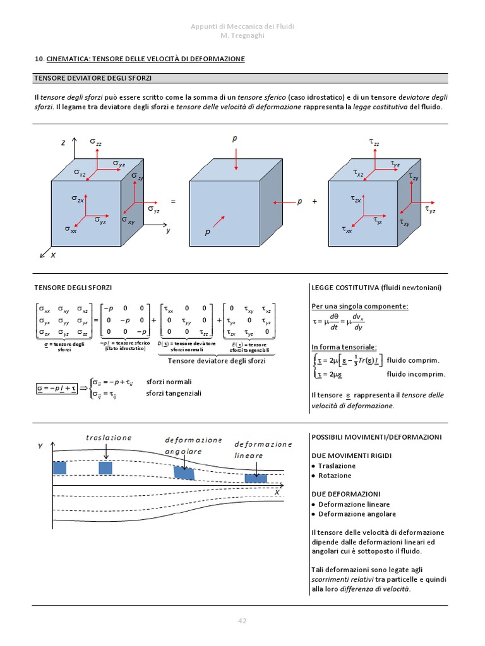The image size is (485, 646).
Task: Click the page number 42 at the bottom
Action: (x=242, y=621)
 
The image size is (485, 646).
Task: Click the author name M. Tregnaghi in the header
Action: (x=242, y=35)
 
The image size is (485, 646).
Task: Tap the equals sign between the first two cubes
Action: (x=172, y=202)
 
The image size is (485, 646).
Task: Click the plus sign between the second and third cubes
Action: (x=314, y=202)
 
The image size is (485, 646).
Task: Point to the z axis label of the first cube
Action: (x=63, y=143)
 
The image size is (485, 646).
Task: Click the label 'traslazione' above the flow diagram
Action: (x=109, y=437)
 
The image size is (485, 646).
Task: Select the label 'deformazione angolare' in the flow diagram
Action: (x=193, y=445)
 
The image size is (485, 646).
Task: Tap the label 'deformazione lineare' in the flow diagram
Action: (x=263, y=449)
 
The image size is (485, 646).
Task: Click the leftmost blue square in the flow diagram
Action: (x=59, y=467)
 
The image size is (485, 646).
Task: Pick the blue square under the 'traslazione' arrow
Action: (x=105, y=467)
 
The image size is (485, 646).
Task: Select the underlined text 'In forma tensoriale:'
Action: (x=344, y=347)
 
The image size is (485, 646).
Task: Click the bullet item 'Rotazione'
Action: (x=335, y=476)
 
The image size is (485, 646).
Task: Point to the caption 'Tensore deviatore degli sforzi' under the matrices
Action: (x=217, y=361)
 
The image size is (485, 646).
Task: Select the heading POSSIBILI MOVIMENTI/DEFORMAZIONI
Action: (x=376, y=437)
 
